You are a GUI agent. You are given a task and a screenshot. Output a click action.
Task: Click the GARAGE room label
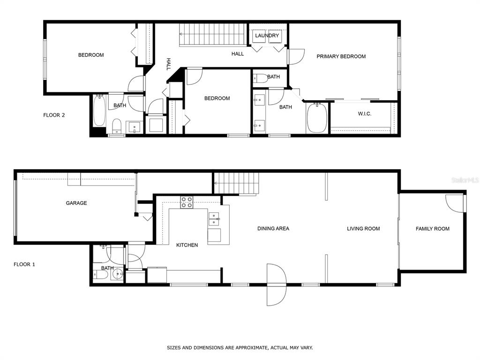[76, 203]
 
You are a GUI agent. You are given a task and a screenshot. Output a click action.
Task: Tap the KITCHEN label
[187, 245]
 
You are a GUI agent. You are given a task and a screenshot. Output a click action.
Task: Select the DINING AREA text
[273, 228]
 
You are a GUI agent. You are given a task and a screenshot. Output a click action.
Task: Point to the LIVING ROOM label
[363, 228]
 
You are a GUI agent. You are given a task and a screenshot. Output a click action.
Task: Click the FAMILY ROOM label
[433, 228]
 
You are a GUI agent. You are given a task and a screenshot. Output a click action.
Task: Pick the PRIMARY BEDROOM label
[341, 56]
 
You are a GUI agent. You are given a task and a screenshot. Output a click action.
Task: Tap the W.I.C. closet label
[365, 113]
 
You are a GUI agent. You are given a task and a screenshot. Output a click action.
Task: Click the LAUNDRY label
[267, 36]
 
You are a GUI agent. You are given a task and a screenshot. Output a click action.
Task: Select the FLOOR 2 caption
[54, 115]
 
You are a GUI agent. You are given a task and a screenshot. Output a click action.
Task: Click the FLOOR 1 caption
[24, 264]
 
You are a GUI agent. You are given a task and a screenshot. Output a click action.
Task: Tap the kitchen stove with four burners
[187, 202]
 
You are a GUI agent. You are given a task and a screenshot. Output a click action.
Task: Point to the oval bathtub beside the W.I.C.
[317, 118]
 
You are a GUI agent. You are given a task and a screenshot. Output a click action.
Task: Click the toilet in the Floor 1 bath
[101, 275]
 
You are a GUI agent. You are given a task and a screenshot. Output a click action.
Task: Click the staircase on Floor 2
[213, 35]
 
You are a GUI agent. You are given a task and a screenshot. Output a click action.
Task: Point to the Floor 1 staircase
[236, 183]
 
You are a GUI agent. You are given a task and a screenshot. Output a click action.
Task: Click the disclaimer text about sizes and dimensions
[240, 347]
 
